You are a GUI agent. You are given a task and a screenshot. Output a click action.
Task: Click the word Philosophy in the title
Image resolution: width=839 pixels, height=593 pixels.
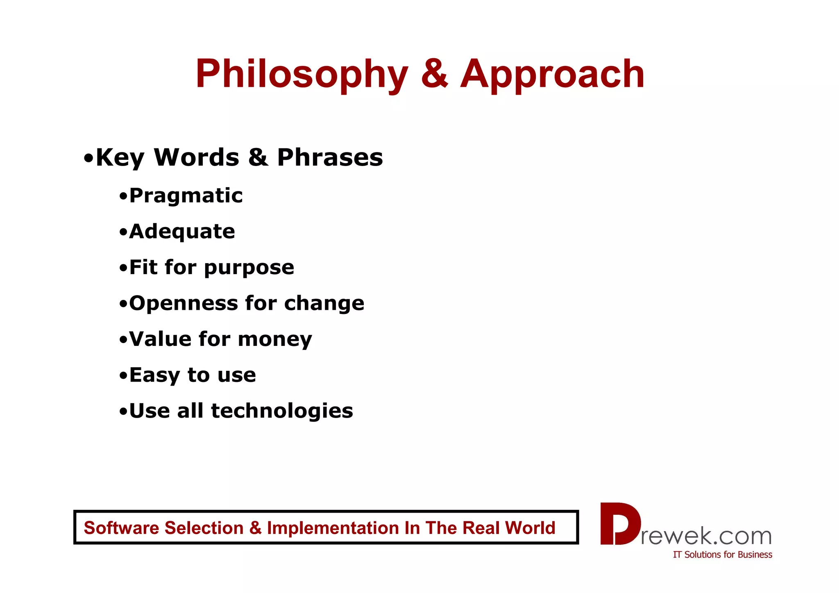[x=302, y=75]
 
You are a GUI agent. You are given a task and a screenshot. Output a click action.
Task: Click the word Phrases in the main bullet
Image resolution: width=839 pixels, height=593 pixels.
[x=330, y=157]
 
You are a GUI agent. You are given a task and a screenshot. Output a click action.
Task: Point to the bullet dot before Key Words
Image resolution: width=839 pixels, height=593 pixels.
[x=88, y=158]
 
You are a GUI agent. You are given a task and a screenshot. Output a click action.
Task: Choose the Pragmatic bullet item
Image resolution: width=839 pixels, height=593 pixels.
[x=186, y=196]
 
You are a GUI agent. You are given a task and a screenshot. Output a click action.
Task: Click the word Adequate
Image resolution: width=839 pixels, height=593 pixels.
[x=182, y=232]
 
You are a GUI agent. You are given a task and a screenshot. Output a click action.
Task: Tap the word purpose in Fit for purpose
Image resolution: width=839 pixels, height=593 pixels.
[x=249, y=268]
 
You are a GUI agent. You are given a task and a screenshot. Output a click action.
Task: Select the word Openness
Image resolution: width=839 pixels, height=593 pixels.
[x=184, y=304]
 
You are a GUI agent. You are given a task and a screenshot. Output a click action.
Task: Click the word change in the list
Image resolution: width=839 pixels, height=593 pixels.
[x=324, y=304]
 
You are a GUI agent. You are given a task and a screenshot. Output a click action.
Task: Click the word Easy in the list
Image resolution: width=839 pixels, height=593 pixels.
[x=154, y=375]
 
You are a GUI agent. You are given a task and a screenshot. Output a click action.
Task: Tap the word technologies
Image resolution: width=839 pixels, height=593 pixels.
[x=282, y=411]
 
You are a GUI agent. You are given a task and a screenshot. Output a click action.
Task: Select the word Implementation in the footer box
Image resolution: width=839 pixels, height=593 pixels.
[x=333, y=528]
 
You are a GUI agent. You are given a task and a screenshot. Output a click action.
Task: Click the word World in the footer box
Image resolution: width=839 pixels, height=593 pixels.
[x=530, y=528]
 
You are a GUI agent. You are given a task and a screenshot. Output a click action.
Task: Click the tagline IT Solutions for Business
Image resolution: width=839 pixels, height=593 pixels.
[x=722, y=555]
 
